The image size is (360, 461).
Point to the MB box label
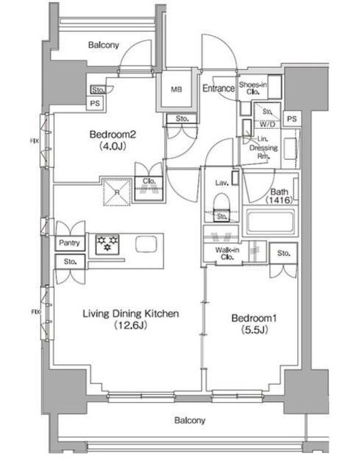[x=176, y=89]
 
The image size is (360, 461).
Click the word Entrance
[x=218, y=89]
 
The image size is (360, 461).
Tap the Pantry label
[x=70, y=243]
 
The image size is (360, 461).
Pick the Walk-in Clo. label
[x=226, y=253]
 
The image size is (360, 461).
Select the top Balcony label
[x=104, y=45]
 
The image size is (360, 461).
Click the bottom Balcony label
[x=189, y=420]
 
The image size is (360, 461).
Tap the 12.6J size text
[x=130, y=326]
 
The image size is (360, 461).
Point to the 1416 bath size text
[x=279, y=202]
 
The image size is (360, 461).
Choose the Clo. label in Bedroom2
[x=149, y=182]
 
